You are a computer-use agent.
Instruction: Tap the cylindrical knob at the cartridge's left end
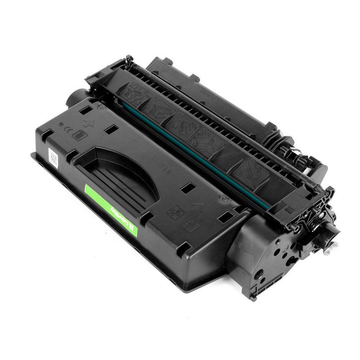tap(74, 98)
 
